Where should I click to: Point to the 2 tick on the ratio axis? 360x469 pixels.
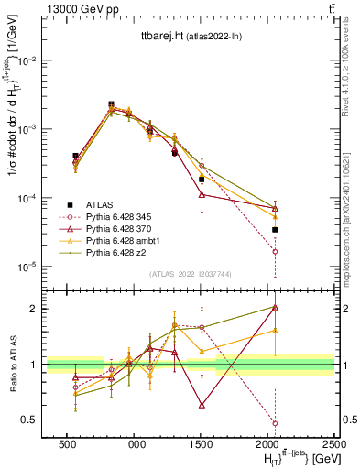[34, 309]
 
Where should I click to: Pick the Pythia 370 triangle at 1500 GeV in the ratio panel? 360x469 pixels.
[202, 404]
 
